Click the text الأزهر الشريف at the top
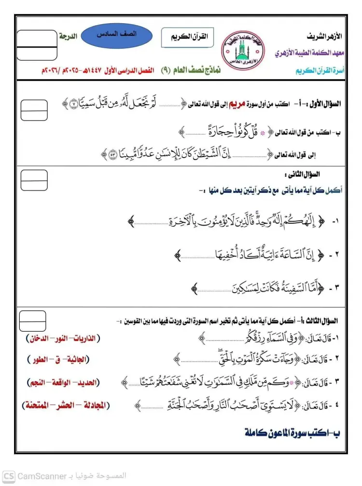pos(324,37)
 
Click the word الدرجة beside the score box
pos(68,36)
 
